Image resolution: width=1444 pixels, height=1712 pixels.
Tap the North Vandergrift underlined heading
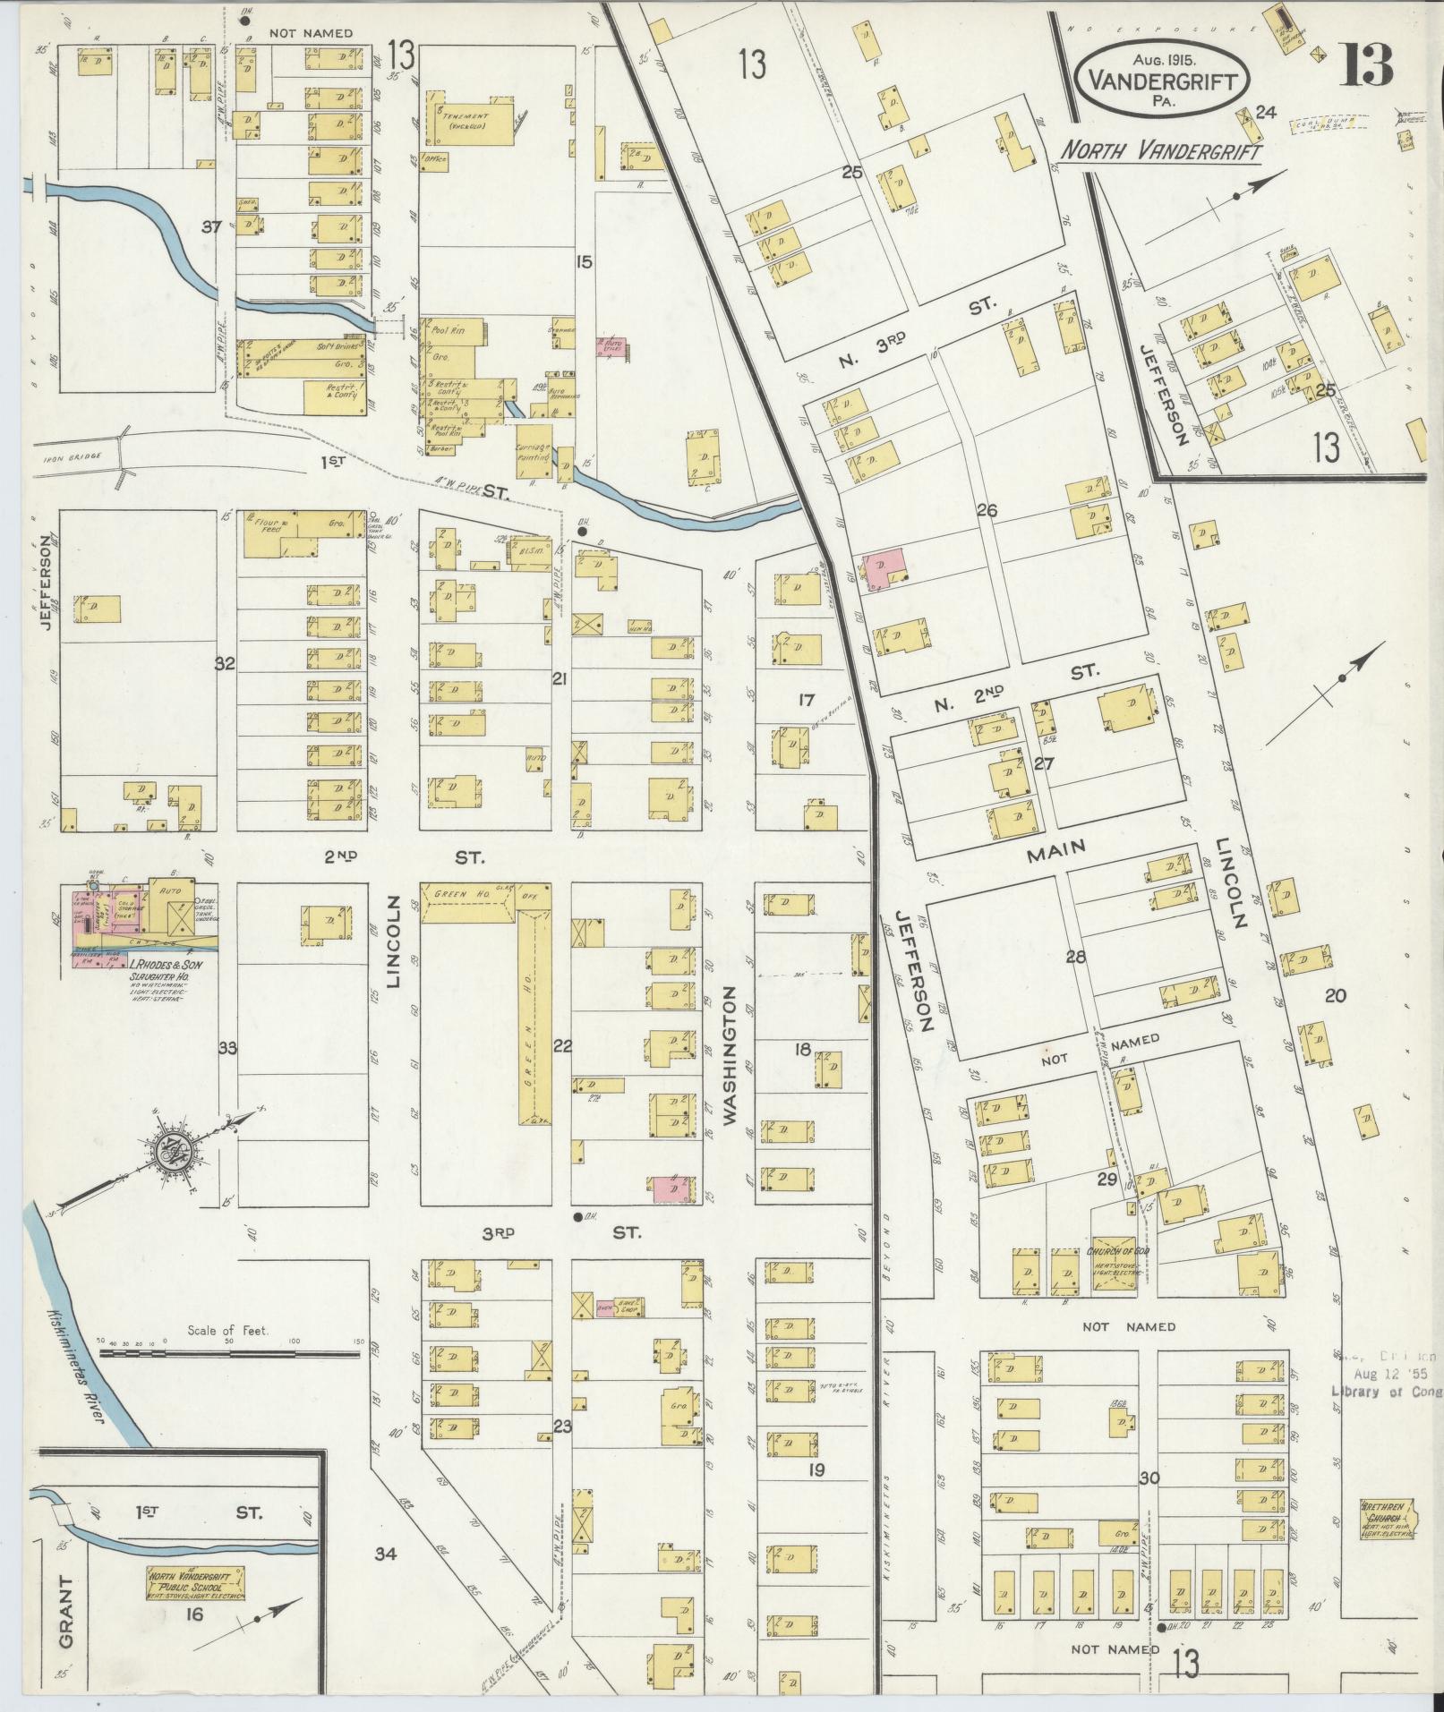click(1160, 151)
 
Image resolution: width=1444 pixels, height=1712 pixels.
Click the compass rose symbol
click(168, 1153)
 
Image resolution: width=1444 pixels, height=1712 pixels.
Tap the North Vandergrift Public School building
click(195, 1583)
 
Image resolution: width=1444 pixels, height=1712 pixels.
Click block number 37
click(211, 227)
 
